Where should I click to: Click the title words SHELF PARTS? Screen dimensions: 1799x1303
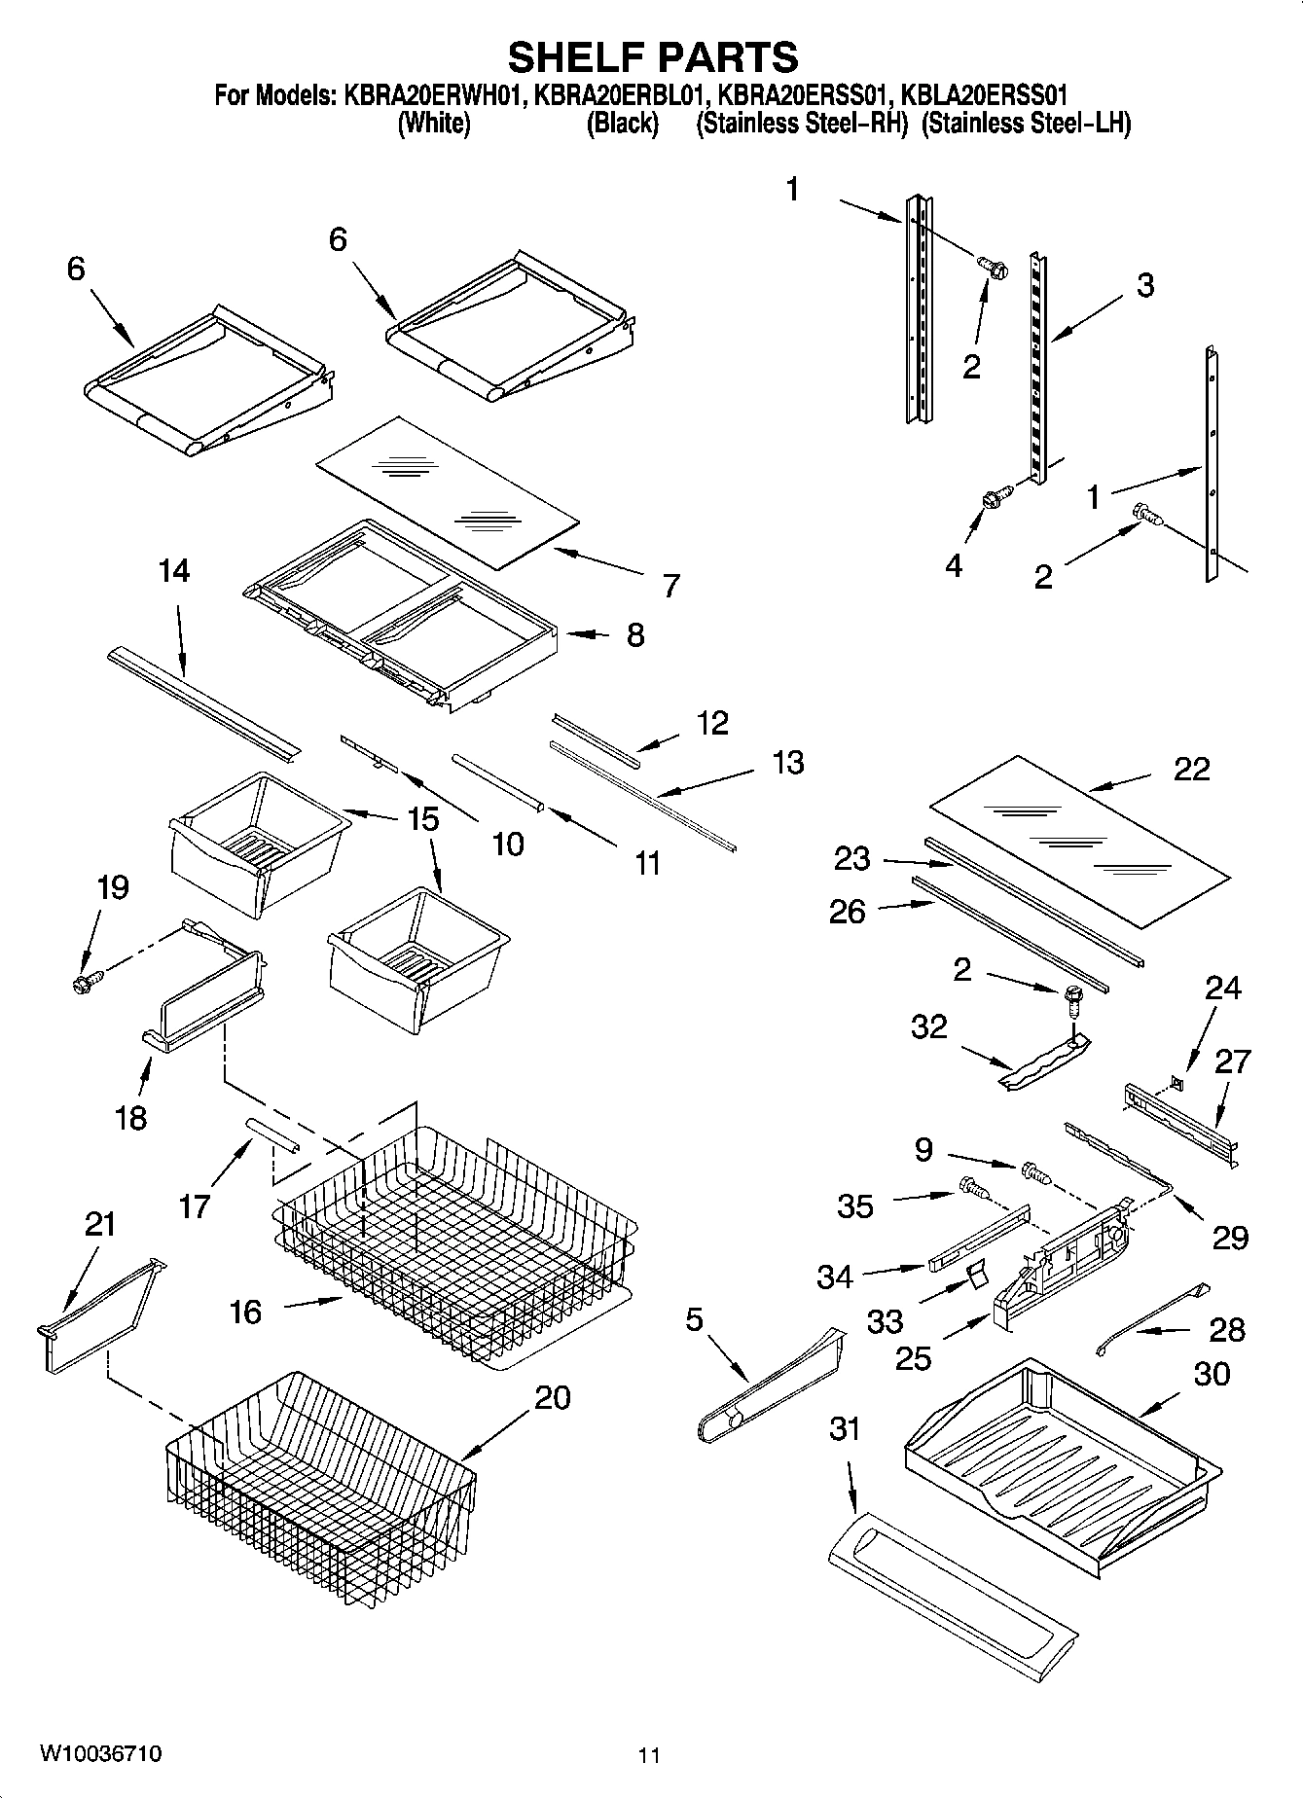[x=653, y=57]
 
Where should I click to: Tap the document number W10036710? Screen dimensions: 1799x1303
[x=100, y=1754]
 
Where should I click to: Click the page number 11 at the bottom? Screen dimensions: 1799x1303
[x=649, y=1755]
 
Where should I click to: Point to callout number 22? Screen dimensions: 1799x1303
[x=1191, y=769]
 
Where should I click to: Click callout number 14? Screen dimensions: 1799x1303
[x=174, y=570]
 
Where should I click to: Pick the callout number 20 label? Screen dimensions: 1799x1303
[x=552, y=1398]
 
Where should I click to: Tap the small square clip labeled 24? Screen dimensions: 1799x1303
[x=1178, y=1079]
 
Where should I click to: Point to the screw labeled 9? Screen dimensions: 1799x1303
[x=1034, y=1172]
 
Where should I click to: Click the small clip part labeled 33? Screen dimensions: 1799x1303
[x=975, y=1274]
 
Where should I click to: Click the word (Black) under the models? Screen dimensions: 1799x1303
[x=622, y=125]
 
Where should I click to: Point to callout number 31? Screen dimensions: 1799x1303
[x=846, y=1429]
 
